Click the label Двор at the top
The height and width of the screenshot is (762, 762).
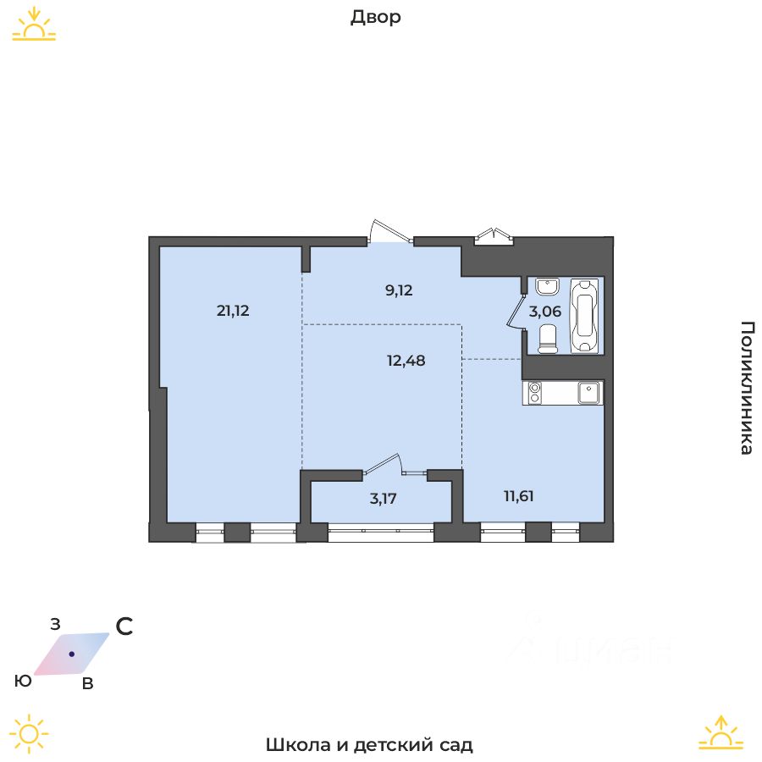375,18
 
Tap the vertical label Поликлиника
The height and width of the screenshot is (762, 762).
746,388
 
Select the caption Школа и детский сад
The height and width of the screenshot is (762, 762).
369,745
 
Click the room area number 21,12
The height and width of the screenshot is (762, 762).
233,311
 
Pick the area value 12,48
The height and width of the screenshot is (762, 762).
406,360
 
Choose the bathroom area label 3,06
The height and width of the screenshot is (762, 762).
544,311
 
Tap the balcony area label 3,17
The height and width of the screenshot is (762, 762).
383,498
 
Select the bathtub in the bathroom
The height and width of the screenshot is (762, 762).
584,316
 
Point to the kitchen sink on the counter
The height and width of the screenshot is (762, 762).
589,392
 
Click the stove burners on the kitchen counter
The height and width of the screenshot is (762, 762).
535,392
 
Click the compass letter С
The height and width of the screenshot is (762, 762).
124,627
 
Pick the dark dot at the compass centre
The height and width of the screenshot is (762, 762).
72,654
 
